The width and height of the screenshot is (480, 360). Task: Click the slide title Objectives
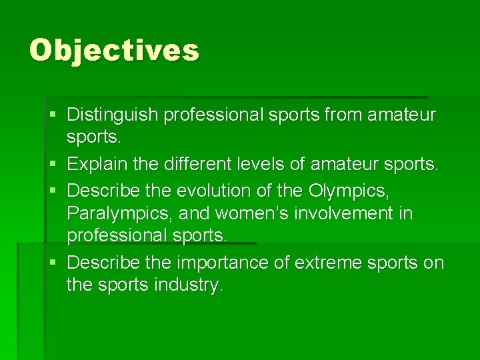click(x=114, y=50)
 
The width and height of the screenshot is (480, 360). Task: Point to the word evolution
click(x=215, y=190)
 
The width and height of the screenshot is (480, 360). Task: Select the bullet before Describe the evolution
click(x=53, y=191)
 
